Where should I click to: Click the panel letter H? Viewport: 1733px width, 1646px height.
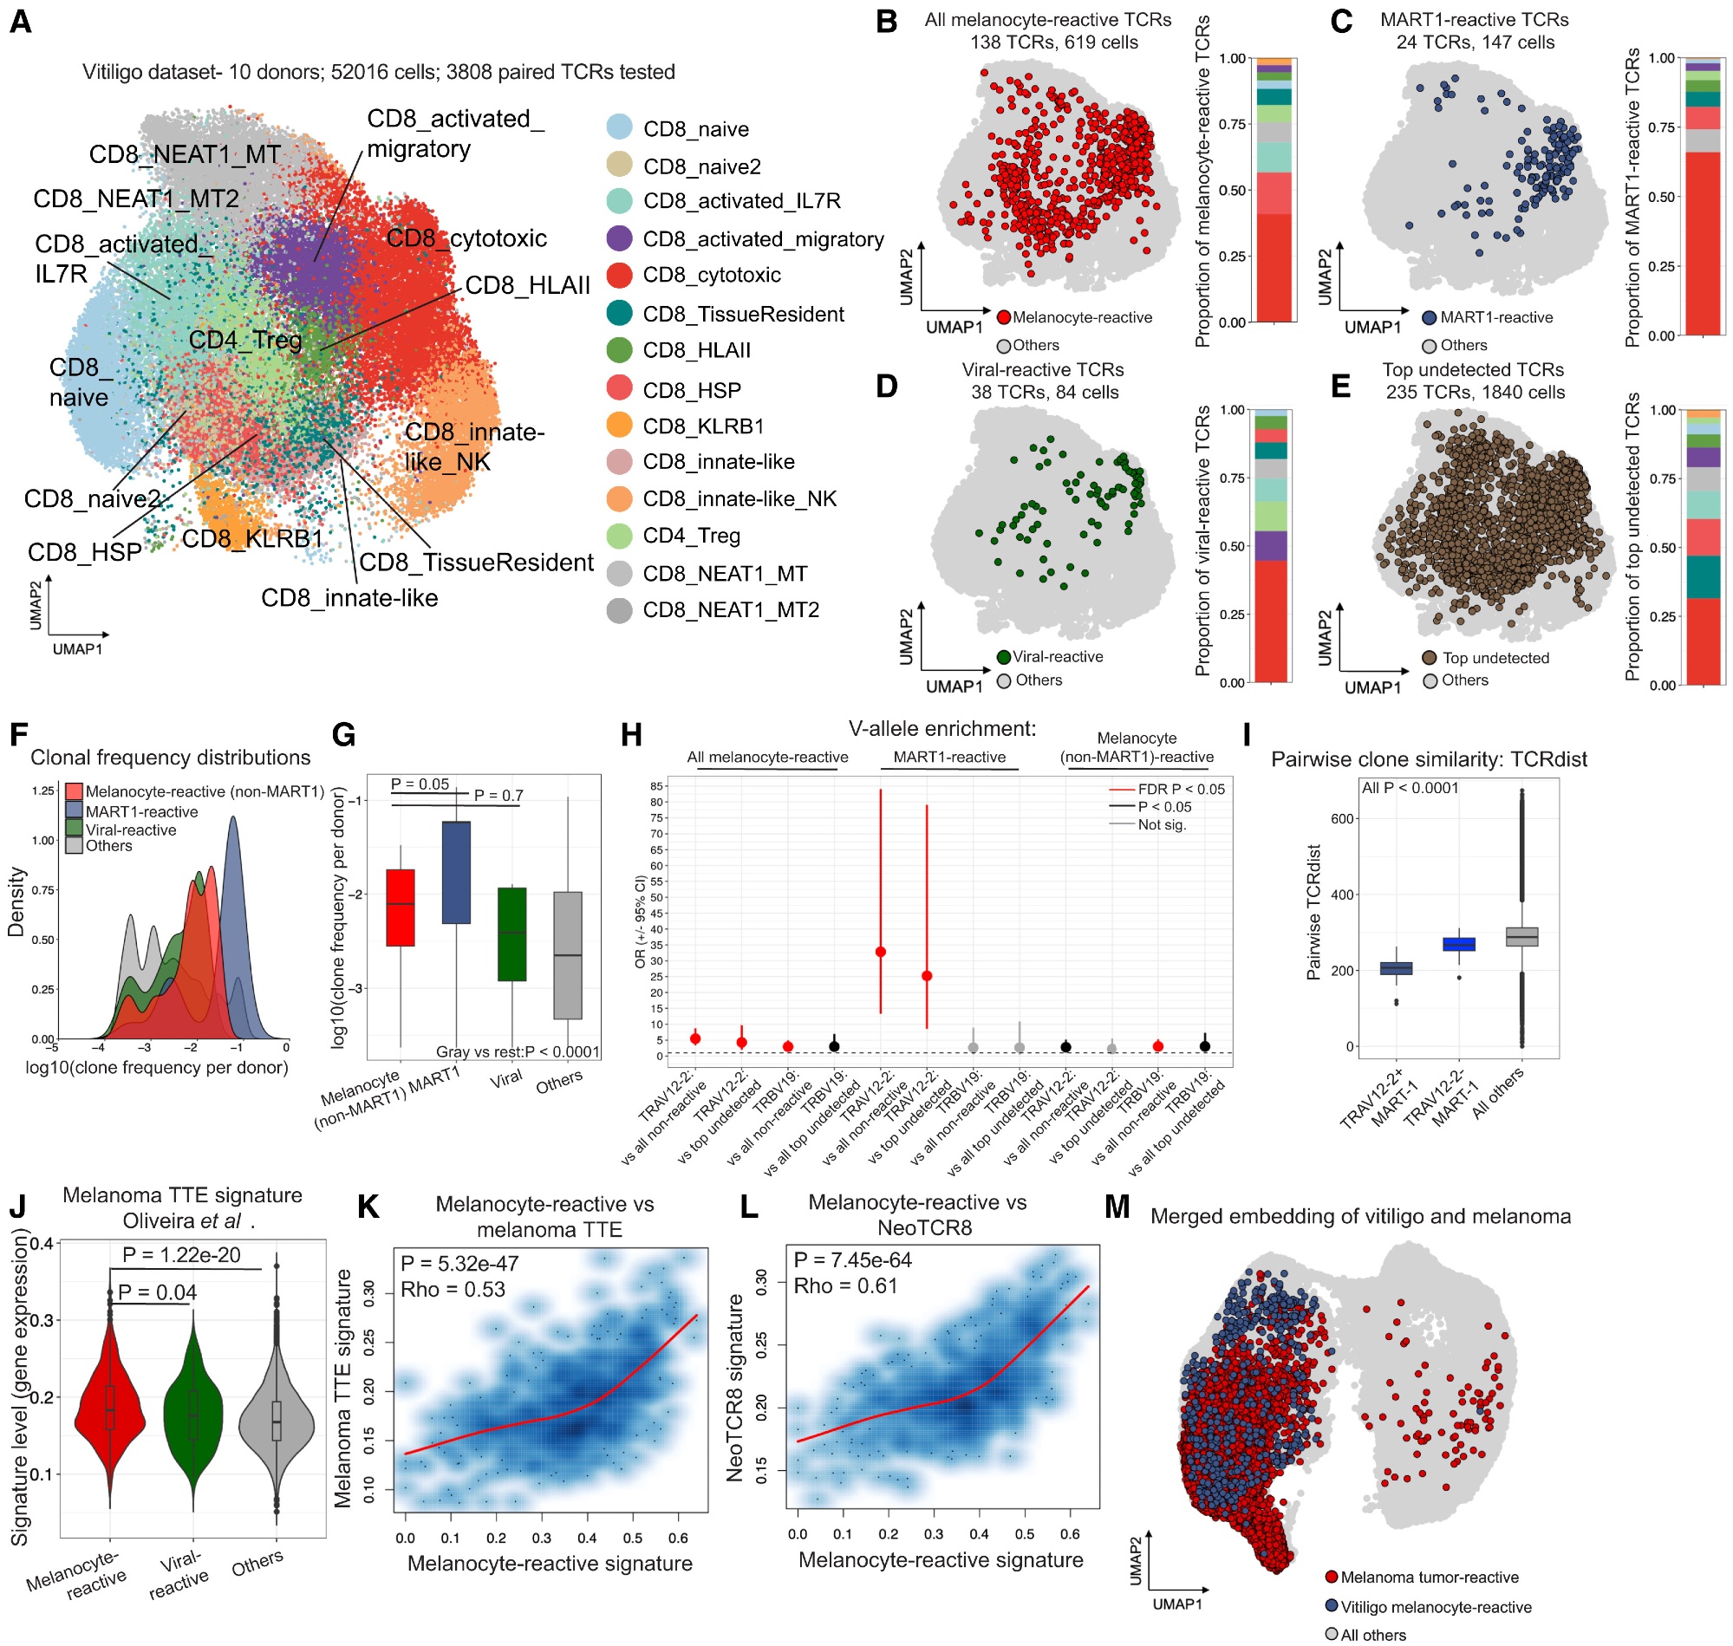pyautogui.click(x=631, y=733)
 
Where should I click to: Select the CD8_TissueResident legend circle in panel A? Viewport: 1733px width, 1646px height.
pyautogui.click(x=620, y=313)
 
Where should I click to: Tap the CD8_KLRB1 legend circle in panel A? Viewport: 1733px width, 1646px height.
pyautogui.click(x=620, y=426)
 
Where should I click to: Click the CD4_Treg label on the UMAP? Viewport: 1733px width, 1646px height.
pyautogui.click(x=244, y=340)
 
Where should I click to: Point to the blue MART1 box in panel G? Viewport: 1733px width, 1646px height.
pyautogui.click(x=455, y=871)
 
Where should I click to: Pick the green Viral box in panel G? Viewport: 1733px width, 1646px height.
pyautogui.click(x=511, y=934)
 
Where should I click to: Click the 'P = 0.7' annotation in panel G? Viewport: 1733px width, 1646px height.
pyautogui.click(x=498, y=795)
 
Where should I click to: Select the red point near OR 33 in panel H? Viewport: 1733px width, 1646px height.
pyautogui.click(x=880, y=952)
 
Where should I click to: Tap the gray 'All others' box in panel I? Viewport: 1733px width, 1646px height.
pyautogui.click(x=1521, y=936)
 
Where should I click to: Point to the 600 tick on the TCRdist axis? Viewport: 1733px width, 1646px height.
pyautogui.click(x=1344, y=818)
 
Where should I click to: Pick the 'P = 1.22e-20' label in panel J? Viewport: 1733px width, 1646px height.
pyautogui.click(x=181, y=1255)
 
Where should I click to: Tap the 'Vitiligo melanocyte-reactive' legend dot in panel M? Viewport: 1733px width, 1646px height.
pyautogui.click(x=1331, y=1606)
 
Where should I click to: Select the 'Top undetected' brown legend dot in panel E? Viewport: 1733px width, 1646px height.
pyautogui.click(x=1429, y=657)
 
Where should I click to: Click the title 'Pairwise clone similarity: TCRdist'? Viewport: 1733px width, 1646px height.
pyautogui.click(x=1429, y=759)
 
